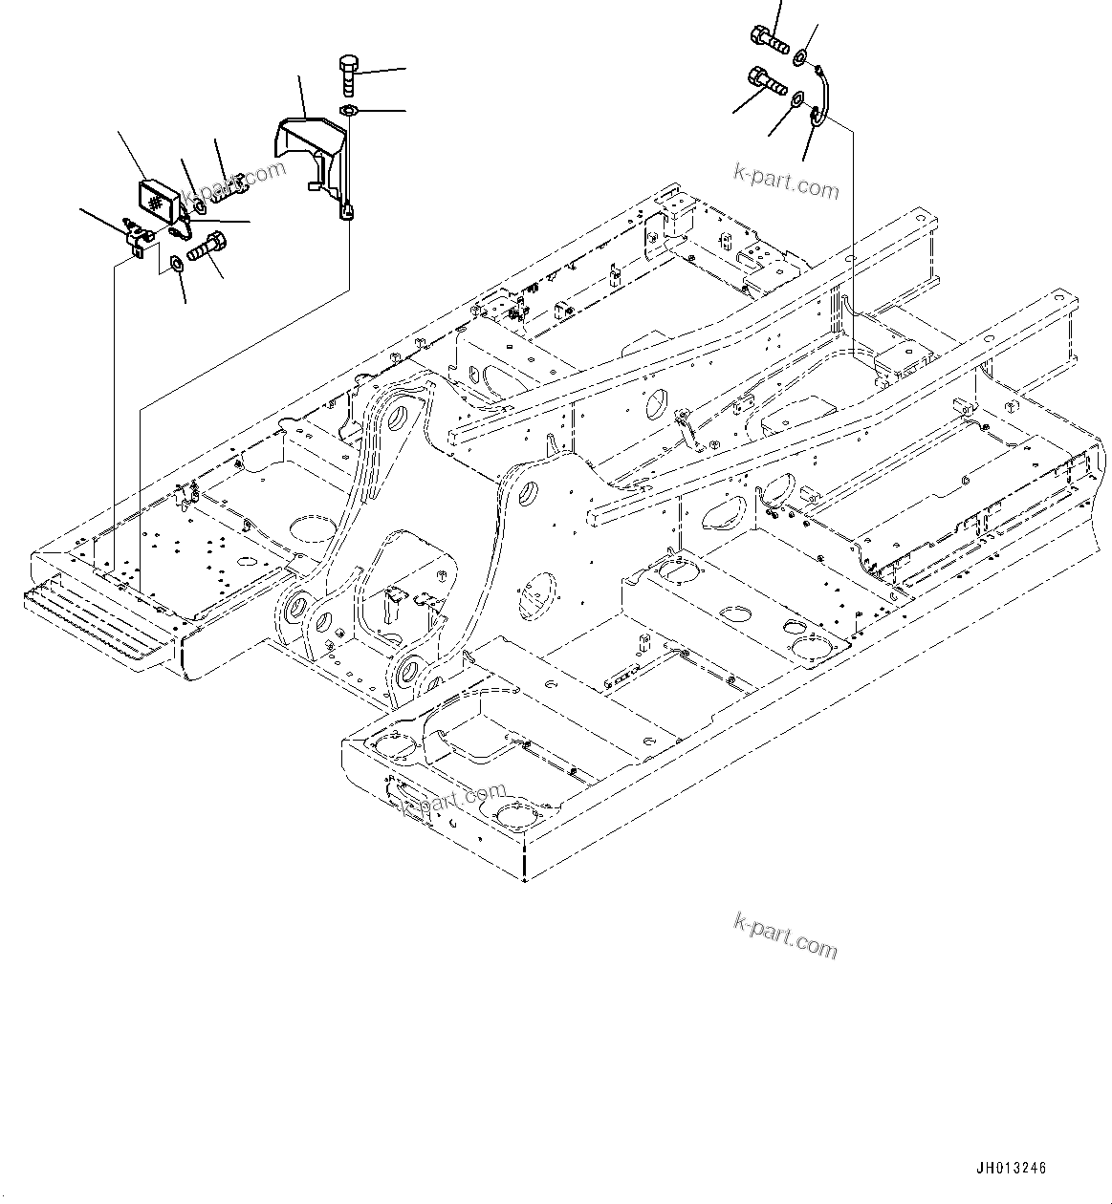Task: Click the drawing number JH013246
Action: pyautogui.click(x=1012, y=1168)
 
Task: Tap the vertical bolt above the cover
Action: pyautogui.click(x=348, y=74)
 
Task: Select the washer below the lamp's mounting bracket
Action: pyautogui.click(x=178, y=265)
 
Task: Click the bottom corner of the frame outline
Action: pyautogui.click(x=524, y=877)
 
